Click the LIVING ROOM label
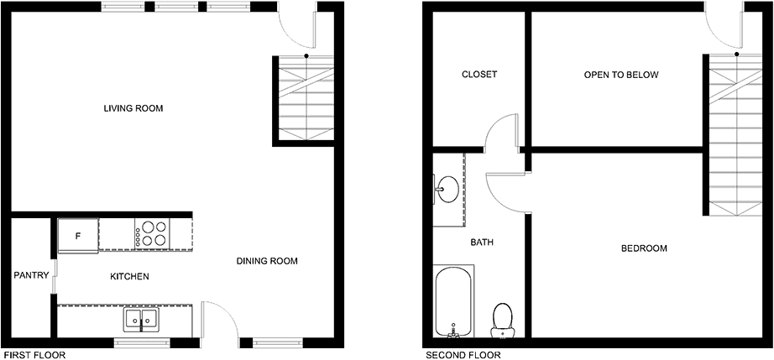pos(133,108)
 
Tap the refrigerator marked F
pos(78,236)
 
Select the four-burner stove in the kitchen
pos(152,234)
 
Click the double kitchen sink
pos(141,320)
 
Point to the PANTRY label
pos(31,275)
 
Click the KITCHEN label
pos(129,277)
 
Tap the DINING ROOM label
pos(267,261)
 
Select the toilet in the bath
pos(503,320)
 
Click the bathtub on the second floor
pos(453,301)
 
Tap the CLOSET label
pos(479,75)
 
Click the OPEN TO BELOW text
pos(621,75)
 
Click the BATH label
pos(482,243)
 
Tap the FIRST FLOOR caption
pos(34,355)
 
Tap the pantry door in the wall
pos(55,277)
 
